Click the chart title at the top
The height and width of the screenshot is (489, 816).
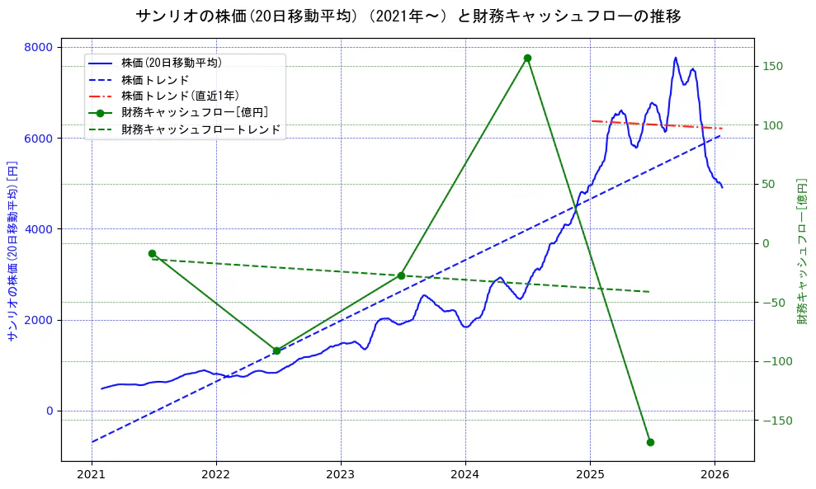[408, 16]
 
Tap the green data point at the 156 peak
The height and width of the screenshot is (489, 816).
[527, 59]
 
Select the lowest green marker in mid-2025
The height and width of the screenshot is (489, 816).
[650, 443]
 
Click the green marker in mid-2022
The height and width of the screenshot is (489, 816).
[276, 350]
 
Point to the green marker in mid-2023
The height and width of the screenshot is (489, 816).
[401, 275]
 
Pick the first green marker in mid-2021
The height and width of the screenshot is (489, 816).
[152, 254]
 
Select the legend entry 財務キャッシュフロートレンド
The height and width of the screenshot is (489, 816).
[200, 129]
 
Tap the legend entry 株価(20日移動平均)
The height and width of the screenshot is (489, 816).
[171, 63]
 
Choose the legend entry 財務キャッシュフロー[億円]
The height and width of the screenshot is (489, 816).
[194, 112]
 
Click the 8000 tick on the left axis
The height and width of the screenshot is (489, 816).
[38, 47]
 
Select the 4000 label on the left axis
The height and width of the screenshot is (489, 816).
[38, 229]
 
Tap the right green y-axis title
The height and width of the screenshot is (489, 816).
[802, 251]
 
